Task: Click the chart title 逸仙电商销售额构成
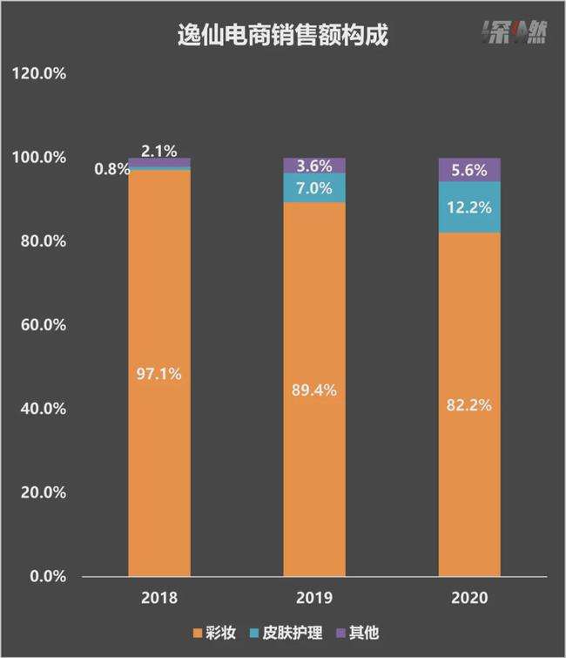[282, 36]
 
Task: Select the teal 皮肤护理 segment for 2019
[314, 188]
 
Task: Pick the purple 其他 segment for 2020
[469, 170]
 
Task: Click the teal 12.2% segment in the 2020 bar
[469, 207]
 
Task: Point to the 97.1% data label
[158, 374]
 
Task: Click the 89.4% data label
[314, 390]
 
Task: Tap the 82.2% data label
[469, 405]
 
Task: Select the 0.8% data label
[112, 168]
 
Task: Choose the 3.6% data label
[314, 166]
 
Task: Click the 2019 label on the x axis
[314, 599]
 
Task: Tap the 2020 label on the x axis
[469, 599]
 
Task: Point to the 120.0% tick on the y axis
[40, 74]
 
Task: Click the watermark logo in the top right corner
[515, 34]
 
